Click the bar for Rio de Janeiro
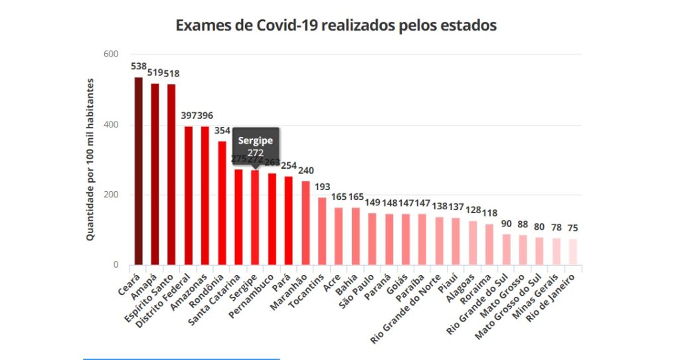[573, 252]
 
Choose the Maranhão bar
[305, 223]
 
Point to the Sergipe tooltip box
[256, 146]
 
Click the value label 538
[139, 66]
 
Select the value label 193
[322, 187]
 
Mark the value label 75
[573, 228]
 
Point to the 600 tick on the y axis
[110, 54]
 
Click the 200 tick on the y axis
[110, 195]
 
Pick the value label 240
[306, 169]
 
